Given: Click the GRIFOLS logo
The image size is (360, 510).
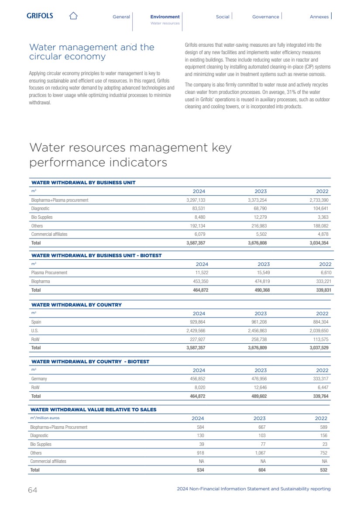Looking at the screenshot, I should (x=40, y=16).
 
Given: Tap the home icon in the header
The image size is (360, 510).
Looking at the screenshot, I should (x=73, y=16).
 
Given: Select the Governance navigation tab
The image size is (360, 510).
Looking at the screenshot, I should (x=265, y=17).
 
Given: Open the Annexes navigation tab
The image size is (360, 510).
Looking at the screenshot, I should (x=319, y=17).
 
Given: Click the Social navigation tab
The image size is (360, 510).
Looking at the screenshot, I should (x=223, y=17).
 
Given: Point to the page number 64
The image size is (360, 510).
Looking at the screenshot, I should (x=33, y=490).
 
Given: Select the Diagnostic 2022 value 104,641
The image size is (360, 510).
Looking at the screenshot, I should (x=319, y=209).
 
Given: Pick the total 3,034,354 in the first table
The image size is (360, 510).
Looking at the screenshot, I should (x=318, y=243).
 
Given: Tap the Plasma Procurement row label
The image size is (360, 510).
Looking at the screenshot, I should (x=49, y=273).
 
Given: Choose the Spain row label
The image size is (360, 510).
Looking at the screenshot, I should (x=36, y=322).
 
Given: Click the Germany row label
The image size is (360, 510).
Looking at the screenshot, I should (x=39, y=379).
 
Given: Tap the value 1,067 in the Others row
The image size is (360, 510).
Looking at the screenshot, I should (x=260, y=453).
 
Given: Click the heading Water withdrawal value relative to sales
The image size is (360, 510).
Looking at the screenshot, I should (x=93, y=410).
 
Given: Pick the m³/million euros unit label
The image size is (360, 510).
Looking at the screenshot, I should (x=45, y=418).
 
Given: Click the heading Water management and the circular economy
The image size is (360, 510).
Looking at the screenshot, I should (x=92, y=52).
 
